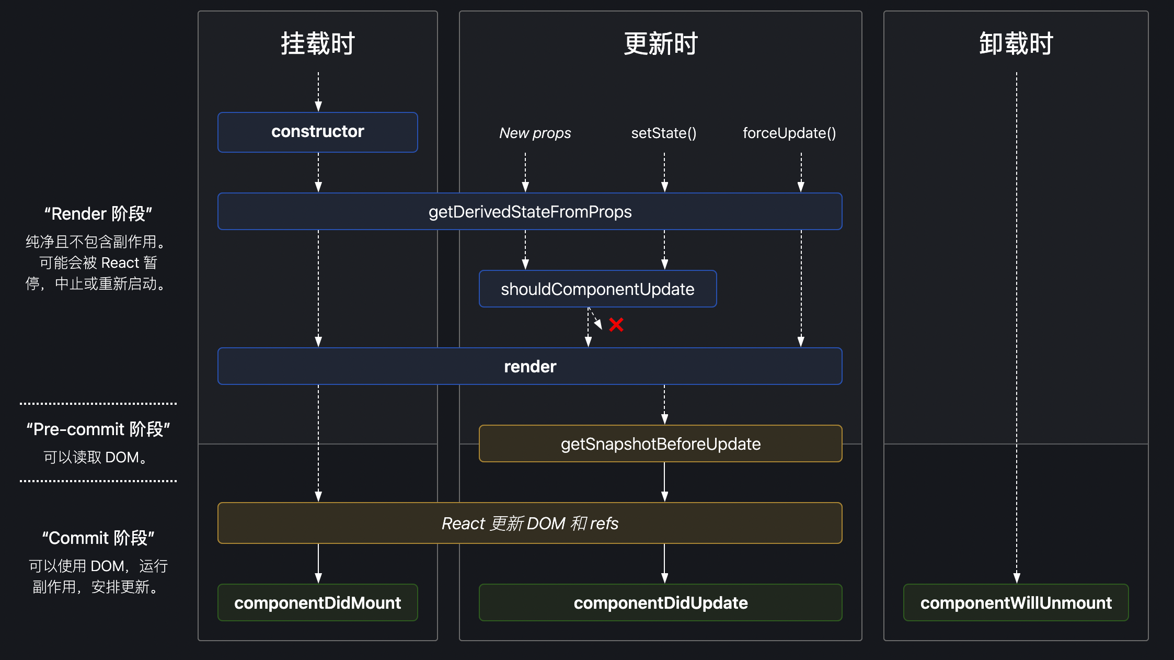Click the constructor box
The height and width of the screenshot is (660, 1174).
pos(317,132)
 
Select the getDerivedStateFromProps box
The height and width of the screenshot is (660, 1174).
pos(530,211)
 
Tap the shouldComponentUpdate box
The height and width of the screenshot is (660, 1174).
pos(597,289)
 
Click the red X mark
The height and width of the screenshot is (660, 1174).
pos(616,325)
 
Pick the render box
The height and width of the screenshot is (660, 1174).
pos(530,366)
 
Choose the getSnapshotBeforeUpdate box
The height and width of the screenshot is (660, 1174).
pos(660,443)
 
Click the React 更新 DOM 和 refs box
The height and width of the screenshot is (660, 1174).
pos(530,523)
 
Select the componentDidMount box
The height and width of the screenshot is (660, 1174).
pos(317,602)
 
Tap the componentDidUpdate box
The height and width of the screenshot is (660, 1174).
pos(660,602)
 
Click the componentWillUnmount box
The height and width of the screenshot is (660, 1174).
pos(1016,602)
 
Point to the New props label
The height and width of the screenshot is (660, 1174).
pos(535,133)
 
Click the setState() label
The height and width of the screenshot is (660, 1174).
pos(664,133)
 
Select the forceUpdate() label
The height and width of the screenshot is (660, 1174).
pos(789,133)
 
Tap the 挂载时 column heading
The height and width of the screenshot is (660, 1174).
pos(318,43)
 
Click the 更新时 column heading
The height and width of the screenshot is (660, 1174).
pos(661,43)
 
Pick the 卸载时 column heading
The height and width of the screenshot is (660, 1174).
pos(1016,43)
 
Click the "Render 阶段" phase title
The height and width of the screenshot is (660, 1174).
pos(98,213)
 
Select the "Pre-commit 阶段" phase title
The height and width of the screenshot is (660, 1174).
pos(98,429)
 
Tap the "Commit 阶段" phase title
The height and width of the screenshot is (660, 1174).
pos(98,538)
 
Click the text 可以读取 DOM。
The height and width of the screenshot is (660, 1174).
pos(96,457)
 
